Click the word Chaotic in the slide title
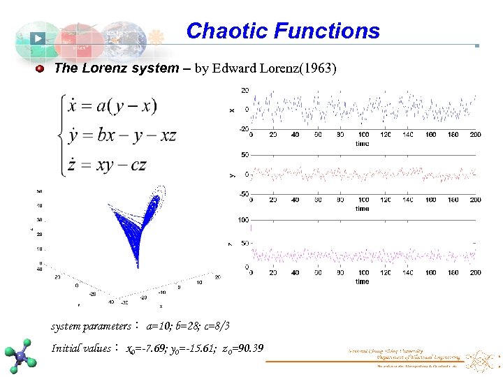228,31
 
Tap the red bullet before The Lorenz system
41,68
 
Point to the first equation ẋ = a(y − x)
112,105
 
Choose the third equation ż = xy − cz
108,165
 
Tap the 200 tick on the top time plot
475,135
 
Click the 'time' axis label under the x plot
362,143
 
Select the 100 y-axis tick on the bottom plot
244,220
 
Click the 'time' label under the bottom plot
362,281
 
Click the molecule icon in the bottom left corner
22,356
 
